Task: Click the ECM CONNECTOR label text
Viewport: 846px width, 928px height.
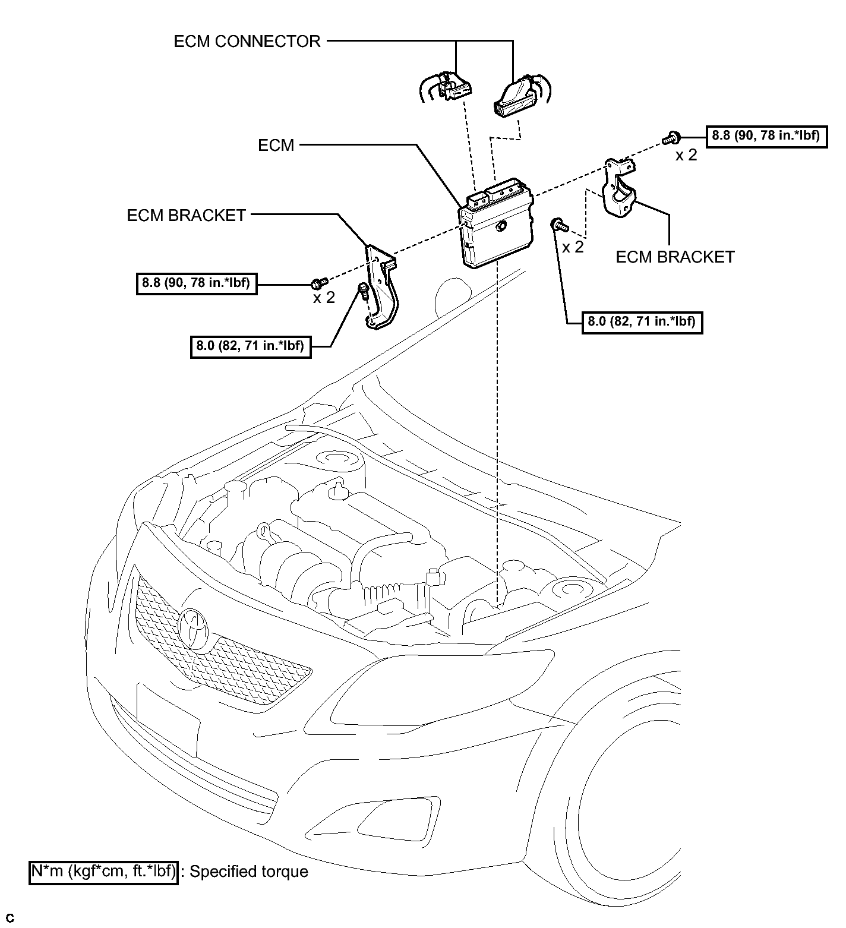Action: pyautogui.click(x=247, y=41)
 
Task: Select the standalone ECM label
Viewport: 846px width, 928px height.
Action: pyautogui.click(x=276, y=145)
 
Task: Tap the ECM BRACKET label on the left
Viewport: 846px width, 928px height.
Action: pyautogui.click(x=187, y=215)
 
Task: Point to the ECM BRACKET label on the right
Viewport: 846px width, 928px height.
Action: pyautogui.click(x=675, y=257)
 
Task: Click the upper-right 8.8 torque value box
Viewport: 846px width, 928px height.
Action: pyautogui.click(x=766, y=136)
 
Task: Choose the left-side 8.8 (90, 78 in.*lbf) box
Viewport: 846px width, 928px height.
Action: pyautogui.click(x=197, y=284)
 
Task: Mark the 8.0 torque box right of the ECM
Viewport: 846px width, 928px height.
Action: pyautogui.click(x=642, y=322)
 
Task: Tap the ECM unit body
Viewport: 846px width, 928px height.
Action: pyautogui.click(x=495, y=226)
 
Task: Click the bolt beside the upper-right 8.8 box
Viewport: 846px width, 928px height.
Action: pyautogui.click(x=671, y=138)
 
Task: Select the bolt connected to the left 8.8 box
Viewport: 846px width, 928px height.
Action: pyautogui.click(x=320, y=280)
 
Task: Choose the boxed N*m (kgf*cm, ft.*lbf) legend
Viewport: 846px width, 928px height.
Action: pyautogui.click(x=103, y=872)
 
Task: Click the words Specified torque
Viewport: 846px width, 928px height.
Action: pyautogui.click(x=249, y=872)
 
